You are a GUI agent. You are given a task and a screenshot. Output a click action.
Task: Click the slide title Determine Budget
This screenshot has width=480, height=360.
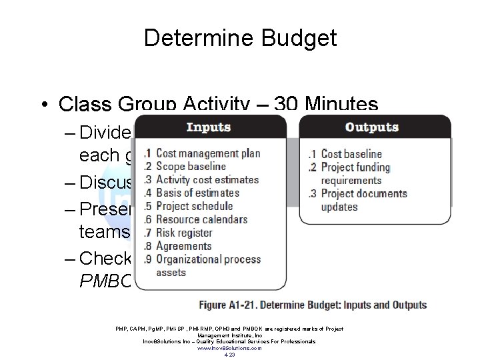(x=240, y=38)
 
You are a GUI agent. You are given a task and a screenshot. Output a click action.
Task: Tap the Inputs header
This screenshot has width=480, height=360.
(x=208, y=127)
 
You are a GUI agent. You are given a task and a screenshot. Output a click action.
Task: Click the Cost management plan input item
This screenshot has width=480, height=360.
(x=208, y=153)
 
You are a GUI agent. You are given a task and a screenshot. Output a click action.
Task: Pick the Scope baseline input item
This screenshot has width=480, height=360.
(x=191, y=167)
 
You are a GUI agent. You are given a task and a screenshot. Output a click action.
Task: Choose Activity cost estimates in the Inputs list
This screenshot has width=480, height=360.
(x=207, y=180)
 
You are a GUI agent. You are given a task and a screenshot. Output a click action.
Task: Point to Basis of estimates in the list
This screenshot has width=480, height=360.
(x=198, y=193)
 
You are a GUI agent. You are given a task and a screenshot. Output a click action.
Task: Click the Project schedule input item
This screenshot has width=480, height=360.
(x=195, y=206)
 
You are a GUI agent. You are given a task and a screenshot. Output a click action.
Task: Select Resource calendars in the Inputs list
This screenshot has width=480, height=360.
(x=201, y=219)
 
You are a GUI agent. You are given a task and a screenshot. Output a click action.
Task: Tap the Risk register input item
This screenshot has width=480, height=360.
(x=184, y=233)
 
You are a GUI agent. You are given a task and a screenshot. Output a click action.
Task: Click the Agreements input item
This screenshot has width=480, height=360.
(x=183, y=246)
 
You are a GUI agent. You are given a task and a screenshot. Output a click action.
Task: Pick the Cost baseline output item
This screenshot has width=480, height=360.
(x=352, y=153)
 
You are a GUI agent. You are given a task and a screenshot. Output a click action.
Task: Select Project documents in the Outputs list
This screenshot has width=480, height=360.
(x=364, y=194)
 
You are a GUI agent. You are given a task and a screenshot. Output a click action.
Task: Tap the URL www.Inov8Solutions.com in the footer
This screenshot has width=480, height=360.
(x=230, y=348)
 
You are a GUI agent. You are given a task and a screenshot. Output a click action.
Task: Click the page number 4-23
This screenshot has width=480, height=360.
(x=230, y=355)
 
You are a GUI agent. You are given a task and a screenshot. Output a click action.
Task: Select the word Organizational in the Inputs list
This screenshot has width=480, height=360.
(x=190, y=259)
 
